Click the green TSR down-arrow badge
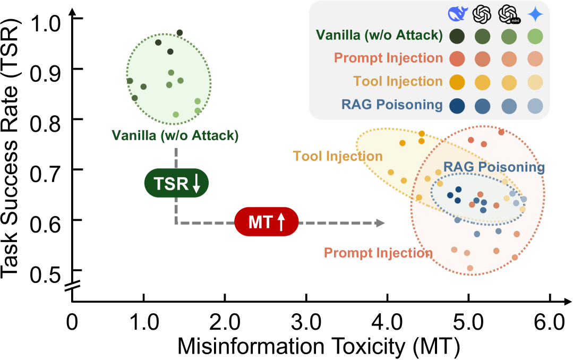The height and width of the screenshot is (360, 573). tap(177, 184)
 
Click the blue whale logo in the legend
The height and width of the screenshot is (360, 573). tap(456, 14)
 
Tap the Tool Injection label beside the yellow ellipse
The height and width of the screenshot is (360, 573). tap(338, 156)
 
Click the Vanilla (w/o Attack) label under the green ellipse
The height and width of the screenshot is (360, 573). tap(175, 135)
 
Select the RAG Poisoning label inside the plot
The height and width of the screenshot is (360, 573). tap(494, 168)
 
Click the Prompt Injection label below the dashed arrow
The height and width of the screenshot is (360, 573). tap(378, 253)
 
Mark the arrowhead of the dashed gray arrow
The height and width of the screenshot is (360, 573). tap(381, 223)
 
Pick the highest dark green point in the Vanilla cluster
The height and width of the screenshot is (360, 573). tap(179, 33)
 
